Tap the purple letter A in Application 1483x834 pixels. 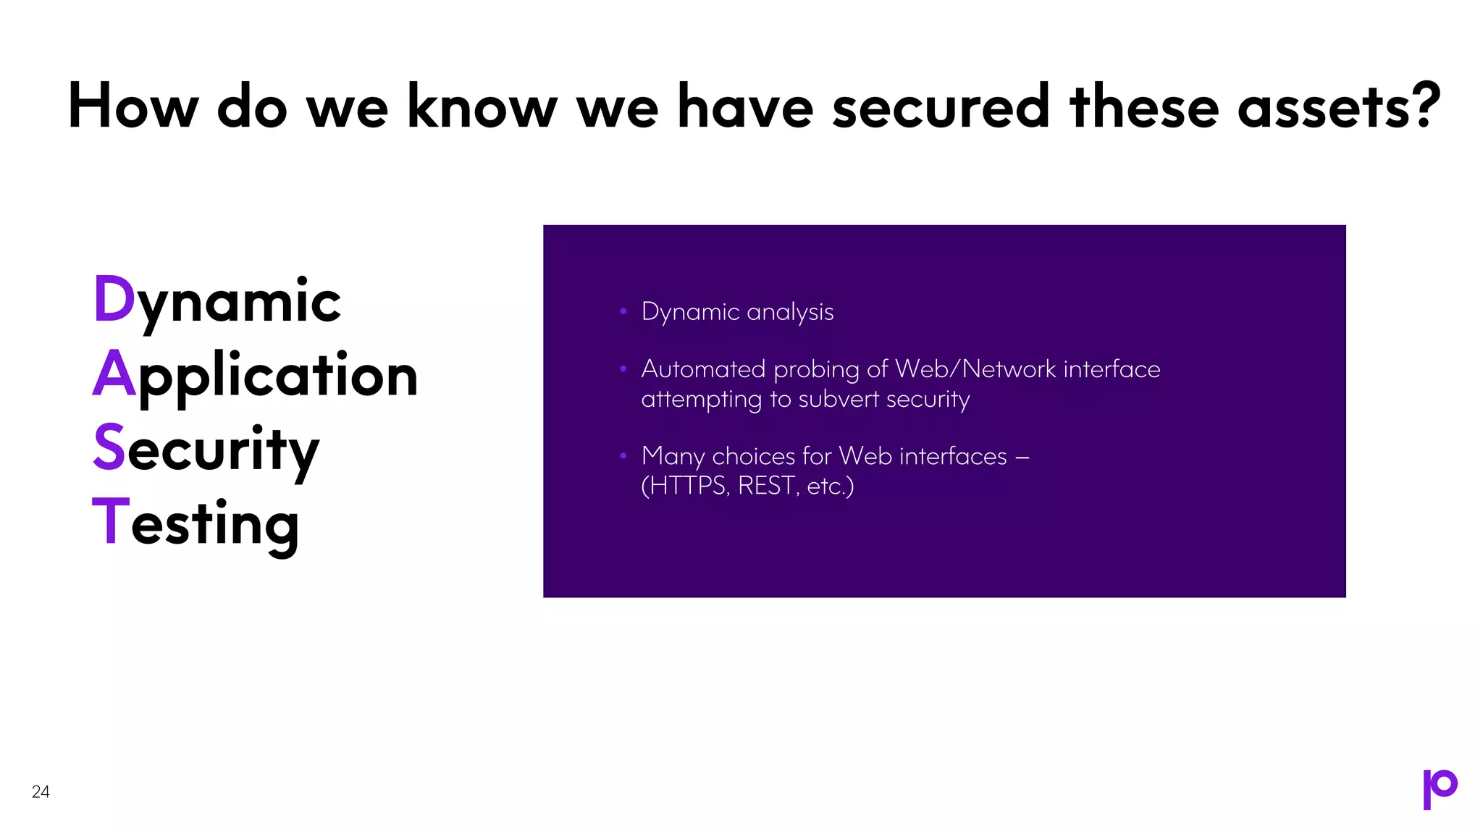coord(114,374)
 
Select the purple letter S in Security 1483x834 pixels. coord(109,447)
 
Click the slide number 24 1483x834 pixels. coord(41,791)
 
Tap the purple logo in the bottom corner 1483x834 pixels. coord(1440,788)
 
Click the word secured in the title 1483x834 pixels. coord(941,106)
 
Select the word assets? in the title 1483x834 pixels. coord(1339,106)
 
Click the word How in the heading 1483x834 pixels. coord(133,106)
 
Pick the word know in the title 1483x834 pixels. coord(482,106)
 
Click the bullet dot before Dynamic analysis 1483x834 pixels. coord(623,311)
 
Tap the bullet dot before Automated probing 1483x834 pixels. coord(623,369)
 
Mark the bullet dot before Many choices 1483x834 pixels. coord(623,456)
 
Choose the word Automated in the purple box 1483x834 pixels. coord(703,369)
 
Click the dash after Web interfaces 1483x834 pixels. coord(1022,457)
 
